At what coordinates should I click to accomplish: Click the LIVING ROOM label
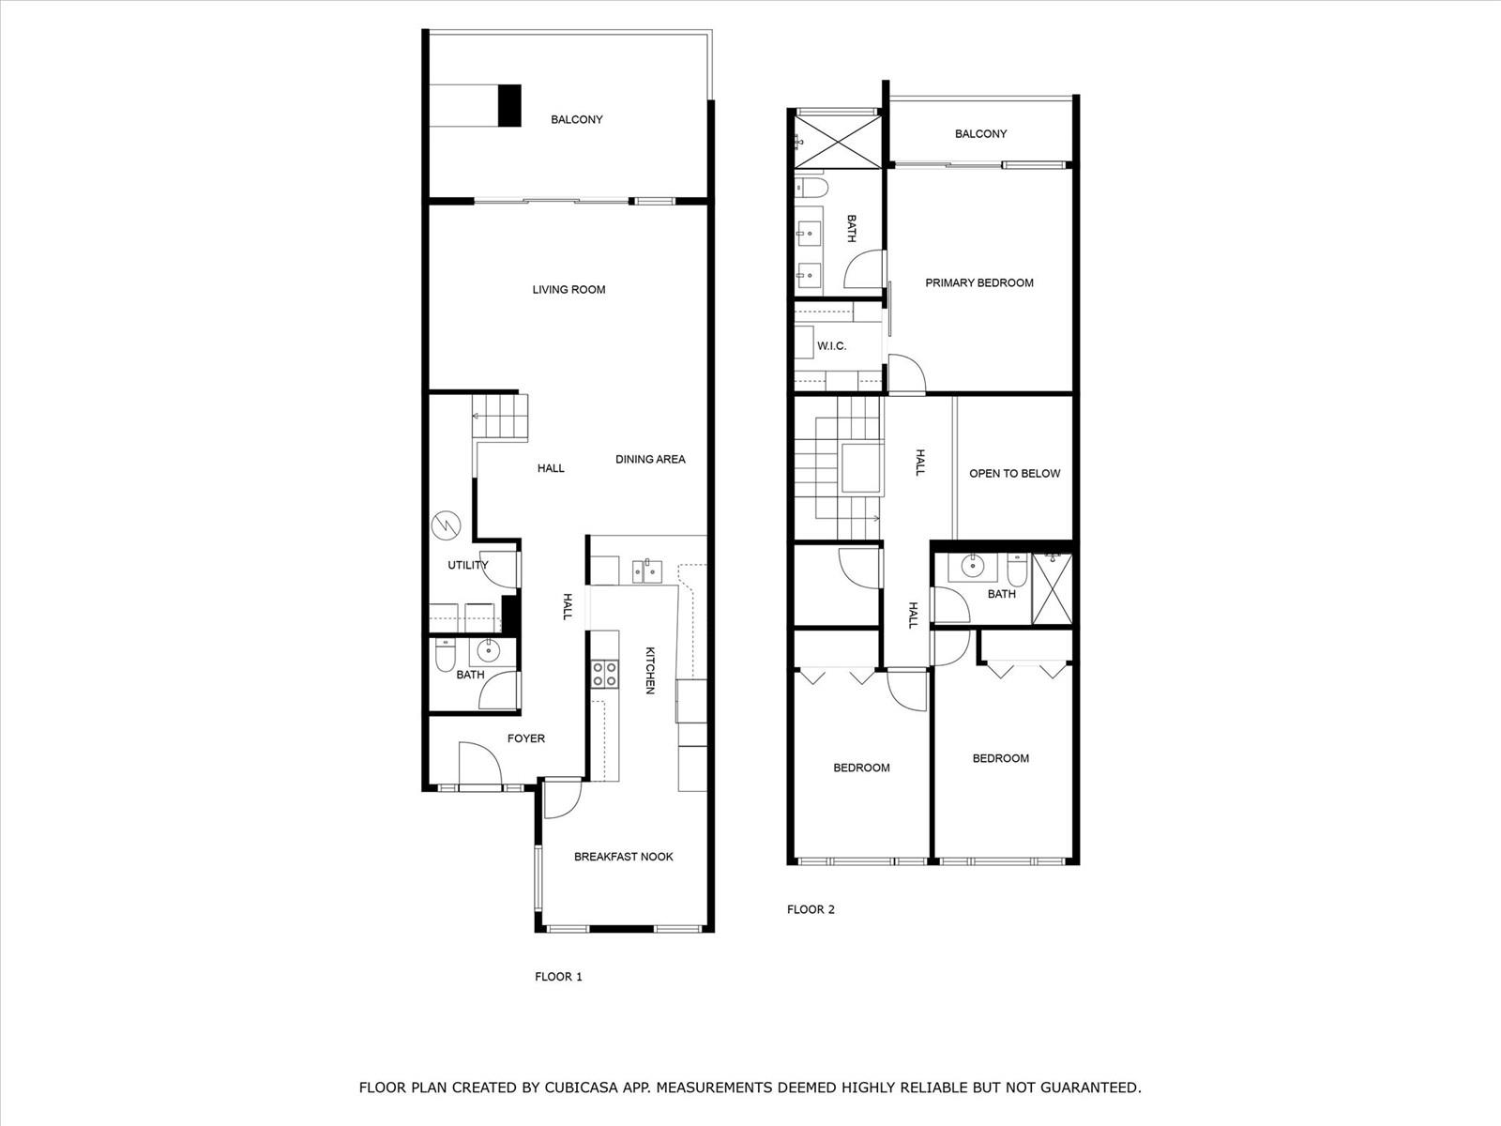tap(569, 290)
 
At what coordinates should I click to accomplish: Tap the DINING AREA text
tap(650, 460)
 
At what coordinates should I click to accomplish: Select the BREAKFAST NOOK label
tap(624, 857)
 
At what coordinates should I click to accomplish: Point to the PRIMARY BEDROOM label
tap(979, 283)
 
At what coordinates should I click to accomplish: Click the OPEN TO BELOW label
tap(1015, 473)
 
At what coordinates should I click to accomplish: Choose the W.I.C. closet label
tap(831, 346)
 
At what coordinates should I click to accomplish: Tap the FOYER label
tap(526, 738)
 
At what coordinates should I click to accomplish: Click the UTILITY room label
tap(468, 565)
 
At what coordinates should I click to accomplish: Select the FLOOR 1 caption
tap(559, 977)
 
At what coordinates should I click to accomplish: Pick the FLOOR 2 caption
tap(811, 909)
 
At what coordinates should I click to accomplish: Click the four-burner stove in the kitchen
tap(605, 674)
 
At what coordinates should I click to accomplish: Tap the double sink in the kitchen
tap(647, 571)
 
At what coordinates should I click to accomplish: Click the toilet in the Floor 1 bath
tap(446, 655)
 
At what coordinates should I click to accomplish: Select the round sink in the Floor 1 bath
tap(488, 650)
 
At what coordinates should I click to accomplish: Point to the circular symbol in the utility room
tap(446, 525)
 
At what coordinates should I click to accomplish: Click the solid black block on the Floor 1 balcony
tap(509, 105)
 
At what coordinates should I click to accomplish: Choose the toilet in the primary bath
tap(811, 187)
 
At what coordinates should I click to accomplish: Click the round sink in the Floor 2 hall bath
tap(970, 566)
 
